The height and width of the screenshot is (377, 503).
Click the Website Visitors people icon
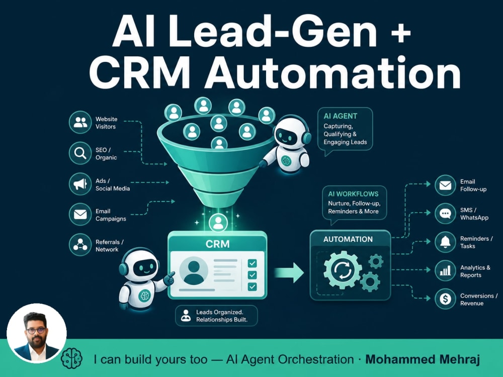[80, 122]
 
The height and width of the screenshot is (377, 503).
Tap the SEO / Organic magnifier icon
[80, 153]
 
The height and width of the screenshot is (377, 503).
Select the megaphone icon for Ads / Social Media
[80, 184]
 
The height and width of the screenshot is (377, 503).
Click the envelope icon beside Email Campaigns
[80, 214]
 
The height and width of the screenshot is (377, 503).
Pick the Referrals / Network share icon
[80, 245]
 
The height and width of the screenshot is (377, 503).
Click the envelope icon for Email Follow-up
[445, 185]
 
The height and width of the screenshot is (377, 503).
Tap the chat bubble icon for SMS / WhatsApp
[445, 214]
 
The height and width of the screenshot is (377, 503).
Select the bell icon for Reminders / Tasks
[445, 242]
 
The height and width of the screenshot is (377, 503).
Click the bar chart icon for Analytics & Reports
[445, 271]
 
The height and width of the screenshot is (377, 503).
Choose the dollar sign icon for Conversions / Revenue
[445, 299]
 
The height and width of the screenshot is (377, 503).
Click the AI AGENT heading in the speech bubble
[341, 116]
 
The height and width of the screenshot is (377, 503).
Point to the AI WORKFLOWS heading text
[353, 194]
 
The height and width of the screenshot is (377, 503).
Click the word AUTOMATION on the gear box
[348, 239]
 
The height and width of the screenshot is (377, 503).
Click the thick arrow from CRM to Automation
[289, 272]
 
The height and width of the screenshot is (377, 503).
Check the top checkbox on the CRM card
[252, 263]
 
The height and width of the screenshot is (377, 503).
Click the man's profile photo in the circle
[37, 333]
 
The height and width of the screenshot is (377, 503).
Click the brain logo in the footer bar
[71, 358]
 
